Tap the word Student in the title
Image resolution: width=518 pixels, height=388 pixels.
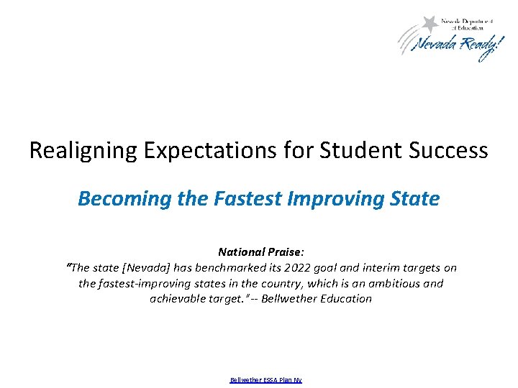click(358, 151)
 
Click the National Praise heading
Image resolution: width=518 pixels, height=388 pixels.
click(261, 252)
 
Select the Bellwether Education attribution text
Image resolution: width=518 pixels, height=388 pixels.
click(317, 298)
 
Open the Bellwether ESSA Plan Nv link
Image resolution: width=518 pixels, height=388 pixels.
click(265, 379)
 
